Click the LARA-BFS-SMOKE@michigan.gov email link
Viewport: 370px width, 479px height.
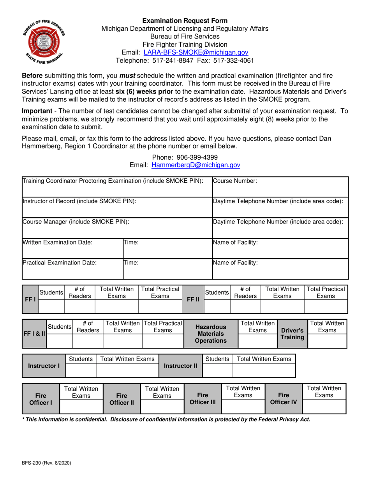[x=196, y=52]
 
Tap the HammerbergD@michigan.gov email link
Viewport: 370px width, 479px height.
[x=196, y=165]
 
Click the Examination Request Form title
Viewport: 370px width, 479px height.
[x=185, y=20]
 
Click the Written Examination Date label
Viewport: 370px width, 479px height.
[x=58, y=242]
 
